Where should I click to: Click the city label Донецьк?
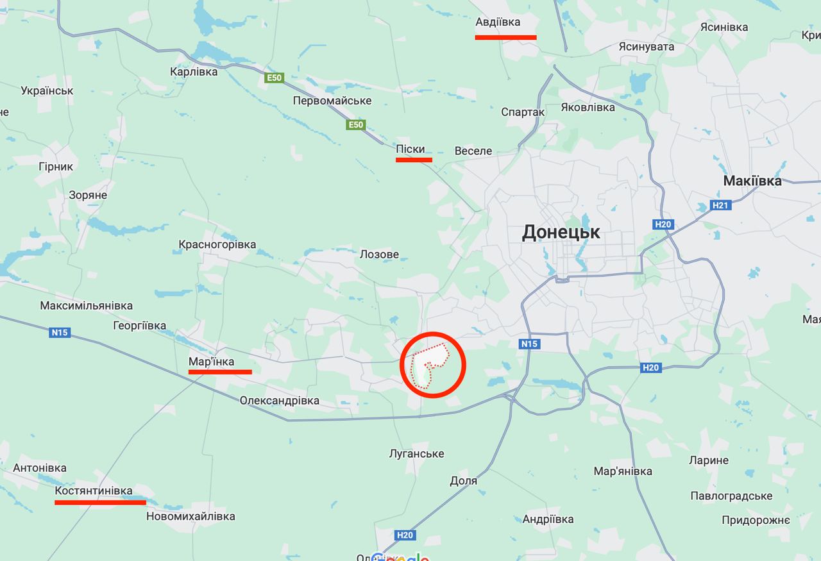(561, 232)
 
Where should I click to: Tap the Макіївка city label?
(752, 181)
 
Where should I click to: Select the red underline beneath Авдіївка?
(505, 38)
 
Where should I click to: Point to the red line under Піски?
(414, 160)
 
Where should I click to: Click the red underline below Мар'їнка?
(220, 372)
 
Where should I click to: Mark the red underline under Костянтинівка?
(100, 503)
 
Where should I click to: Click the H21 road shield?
(721, 206)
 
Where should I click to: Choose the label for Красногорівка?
(217, 244)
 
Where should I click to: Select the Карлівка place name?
(194, 72)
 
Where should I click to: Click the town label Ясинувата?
(647, 47)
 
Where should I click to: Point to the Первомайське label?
(332, 101)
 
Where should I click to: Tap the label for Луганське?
(417, 454)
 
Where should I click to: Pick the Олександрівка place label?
(279, 401)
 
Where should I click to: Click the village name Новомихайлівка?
(190, 516)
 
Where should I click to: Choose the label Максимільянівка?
(87, 305)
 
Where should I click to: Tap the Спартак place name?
(523, 112)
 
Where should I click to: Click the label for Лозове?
(379, 255)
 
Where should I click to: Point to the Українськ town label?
(47, 90)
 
